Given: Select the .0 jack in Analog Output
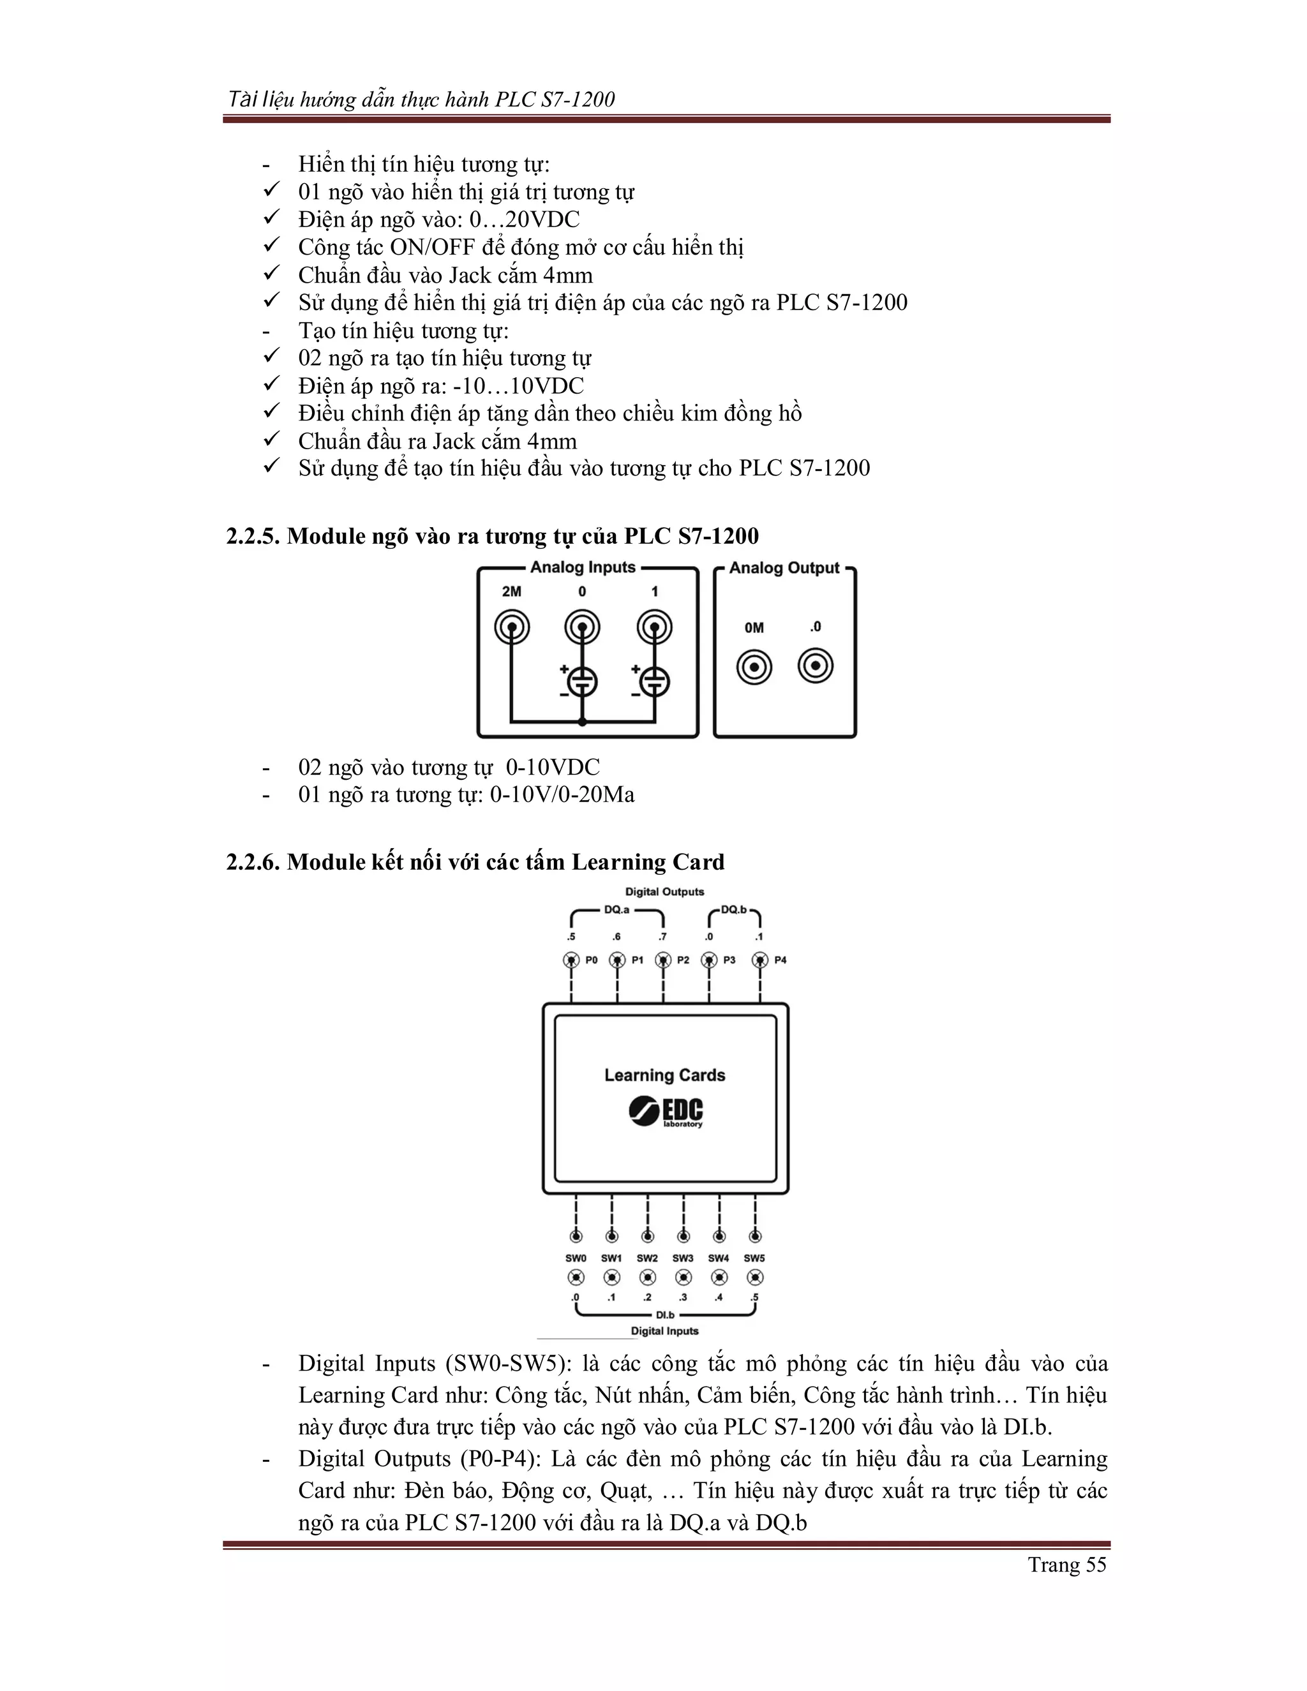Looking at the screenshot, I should coord(816,666).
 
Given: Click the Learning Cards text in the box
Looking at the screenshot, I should coord(664,1075).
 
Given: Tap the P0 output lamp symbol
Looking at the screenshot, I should coord(571,960).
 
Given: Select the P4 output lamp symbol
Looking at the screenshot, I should coord(760,960).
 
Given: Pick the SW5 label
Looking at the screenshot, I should coord(754,1258).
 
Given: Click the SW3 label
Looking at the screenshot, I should coord(683,1258).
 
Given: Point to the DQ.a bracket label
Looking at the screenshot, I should coord(616,910).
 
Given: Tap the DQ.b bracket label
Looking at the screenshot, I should coord(733,910).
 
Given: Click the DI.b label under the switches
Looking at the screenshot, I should coord(665,1315).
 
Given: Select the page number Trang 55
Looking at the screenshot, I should coord(1067,1565).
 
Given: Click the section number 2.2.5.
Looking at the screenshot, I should coord(253,536).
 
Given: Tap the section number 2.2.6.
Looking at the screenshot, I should coord(253,861).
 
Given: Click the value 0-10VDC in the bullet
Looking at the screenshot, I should coord(553,767).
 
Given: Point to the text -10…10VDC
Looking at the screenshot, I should coord(518,385).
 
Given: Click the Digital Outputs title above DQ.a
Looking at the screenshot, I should coord(664,892).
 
